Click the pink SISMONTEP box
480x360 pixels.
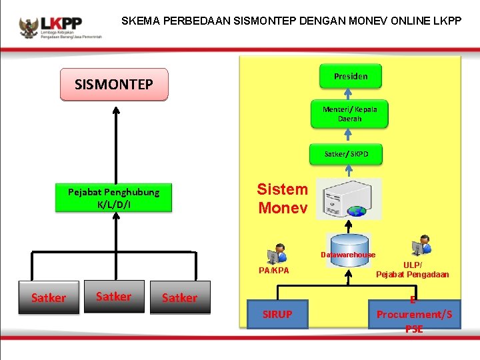(114, 85)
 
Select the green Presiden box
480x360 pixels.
(350, 76)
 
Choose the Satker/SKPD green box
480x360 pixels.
(346, 154)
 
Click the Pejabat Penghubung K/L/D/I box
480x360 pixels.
(113, 198)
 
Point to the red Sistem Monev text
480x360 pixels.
(283, 199)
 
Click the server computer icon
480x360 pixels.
(349, 199)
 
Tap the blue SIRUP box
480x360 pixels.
(277, 314)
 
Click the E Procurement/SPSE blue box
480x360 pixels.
(413, 314)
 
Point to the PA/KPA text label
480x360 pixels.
(274, 271)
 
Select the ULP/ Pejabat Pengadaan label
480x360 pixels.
(412, 269)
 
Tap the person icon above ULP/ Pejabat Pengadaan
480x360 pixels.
(421, 245)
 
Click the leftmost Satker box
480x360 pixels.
(49, 297)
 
